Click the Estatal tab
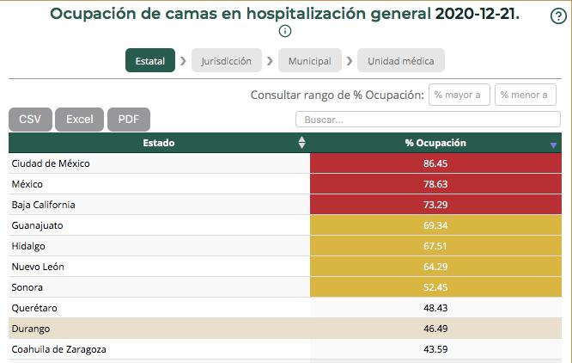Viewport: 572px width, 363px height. [x=150, y=61]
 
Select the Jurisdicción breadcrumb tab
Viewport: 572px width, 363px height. [x=227, y=61]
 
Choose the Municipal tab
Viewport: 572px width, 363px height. [x=309, y=61]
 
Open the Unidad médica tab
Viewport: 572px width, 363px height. [x=401, y=61]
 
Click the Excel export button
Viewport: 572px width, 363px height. [x=80, y=120]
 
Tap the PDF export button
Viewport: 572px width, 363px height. [x=129, y=120]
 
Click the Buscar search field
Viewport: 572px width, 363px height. [x=427, y=120]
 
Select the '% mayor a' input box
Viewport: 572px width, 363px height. [x=459, y=95]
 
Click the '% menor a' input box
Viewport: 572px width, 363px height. [x=526, y=95]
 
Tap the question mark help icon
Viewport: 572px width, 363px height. [x=557, y=16]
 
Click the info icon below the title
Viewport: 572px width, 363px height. [x=285, y=31]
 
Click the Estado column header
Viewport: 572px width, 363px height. [x=159, y=143]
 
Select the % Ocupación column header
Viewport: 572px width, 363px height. [x=435, y=143]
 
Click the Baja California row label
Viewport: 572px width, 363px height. [x=44, y=205]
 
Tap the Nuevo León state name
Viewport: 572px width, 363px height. [x=38, y=267]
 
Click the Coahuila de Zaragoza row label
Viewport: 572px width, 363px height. [x=59, y=349]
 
